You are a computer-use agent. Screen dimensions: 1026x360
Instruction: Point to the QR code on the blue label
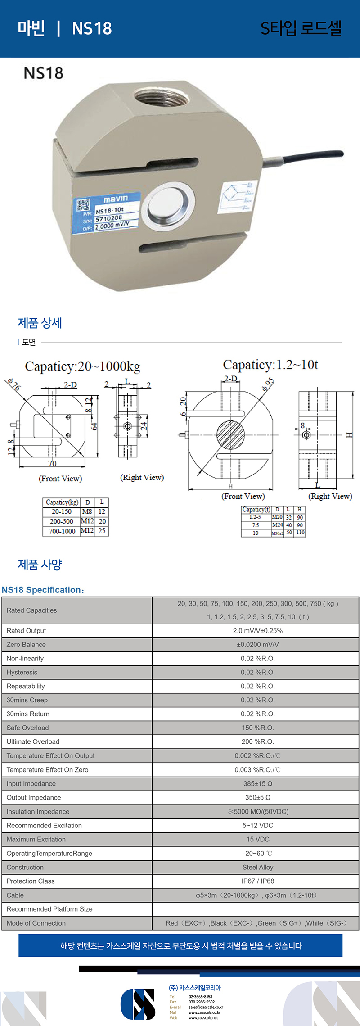(x=83, y=205)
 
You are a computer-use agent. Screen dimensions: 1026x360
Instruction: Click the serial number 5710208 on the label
(x=109, y=218)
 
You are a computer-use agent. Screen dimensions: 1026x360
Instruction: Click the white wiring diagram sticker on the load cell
(x=237, y=197)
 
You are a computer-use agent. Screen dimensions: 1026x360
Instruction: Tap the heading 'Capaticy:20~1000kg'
(x=82, y=366)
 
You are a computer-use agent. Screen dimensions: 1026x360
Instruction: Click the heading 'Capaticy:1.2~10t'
(x=270, y=365)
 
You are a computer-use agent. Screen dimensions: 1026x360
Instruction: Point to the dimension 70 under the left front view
(x=52, y=464)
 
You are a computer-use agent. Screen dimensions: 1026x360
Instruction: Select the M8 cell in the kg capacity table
(x=87, y=512)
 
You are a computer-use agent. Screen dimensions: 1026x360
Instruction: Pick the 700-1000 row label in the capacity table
(x=62, y=531)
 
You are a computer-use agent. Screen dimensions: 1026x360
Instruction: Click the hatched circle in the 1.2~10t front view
(x=230, y=434)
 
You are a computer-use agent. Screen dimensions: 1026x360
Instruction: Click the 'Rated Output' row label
(x=26, y=631)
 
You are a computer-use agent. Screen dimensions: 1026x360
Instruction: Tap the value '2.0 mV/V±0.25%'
(x=257, y=631)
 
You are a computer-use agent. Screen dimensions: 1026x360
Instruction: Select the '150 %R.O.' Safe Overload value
(x=257, y=728)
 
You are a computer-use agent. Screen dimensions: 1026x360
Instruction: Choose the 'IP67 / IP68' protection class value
(x=257, y=881)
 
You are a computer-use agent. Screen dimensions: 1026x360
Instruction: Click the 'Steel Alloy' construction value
(x=257, y=867)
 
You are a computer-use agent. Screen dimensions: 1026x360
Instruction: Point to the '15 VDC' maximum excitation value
(x=257, y=839)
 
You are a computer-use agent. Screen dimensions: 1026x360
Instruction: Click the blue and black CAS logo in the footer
(x=138, y=1004)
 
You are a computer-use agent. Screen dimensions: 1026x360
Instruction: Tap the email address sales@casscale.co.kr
(x=206, y=1007)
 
